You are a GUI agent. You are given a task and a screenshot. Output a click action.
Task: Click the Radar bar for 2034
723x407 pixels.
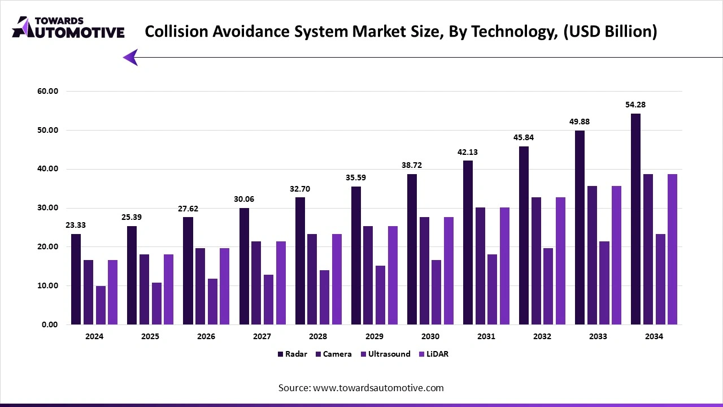[x=635, y=219]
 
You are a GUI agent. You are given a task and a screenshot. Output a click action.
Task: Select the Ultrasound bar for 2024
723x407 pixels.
[x=101, y=305]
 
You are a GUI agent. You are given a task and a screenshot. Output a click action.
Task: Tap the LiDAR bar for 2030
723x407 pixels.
[x=448, y=271]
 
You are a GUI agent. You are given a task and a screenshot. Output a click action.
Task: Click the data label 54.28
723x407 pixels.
[x=635, y=105]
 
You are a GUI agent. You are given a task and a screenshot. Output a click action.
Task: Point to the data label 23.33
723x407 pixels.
[x=75, y=225]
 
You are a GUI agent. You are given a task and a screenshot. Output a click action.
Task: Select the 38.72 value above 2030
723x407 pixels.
[x=412, y=165]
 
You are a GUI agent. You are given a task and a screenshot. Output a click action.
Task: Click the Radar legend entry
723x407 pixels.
[x=292, y=354]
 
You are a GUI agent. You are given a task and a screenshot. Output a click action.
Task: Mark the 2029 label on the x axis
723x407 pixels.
[x=374, y=336]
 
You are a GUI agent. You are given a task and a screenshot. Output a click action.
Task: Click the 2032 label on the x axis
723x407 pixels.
[x=542, y=336]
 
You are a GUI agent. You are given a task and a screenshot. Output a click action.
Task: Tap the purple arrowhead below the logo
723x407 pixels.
[x=130, y=57]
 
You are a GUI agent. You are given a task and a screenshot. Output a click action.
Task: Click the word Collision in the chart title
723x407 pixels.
[x=173, y=32]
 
